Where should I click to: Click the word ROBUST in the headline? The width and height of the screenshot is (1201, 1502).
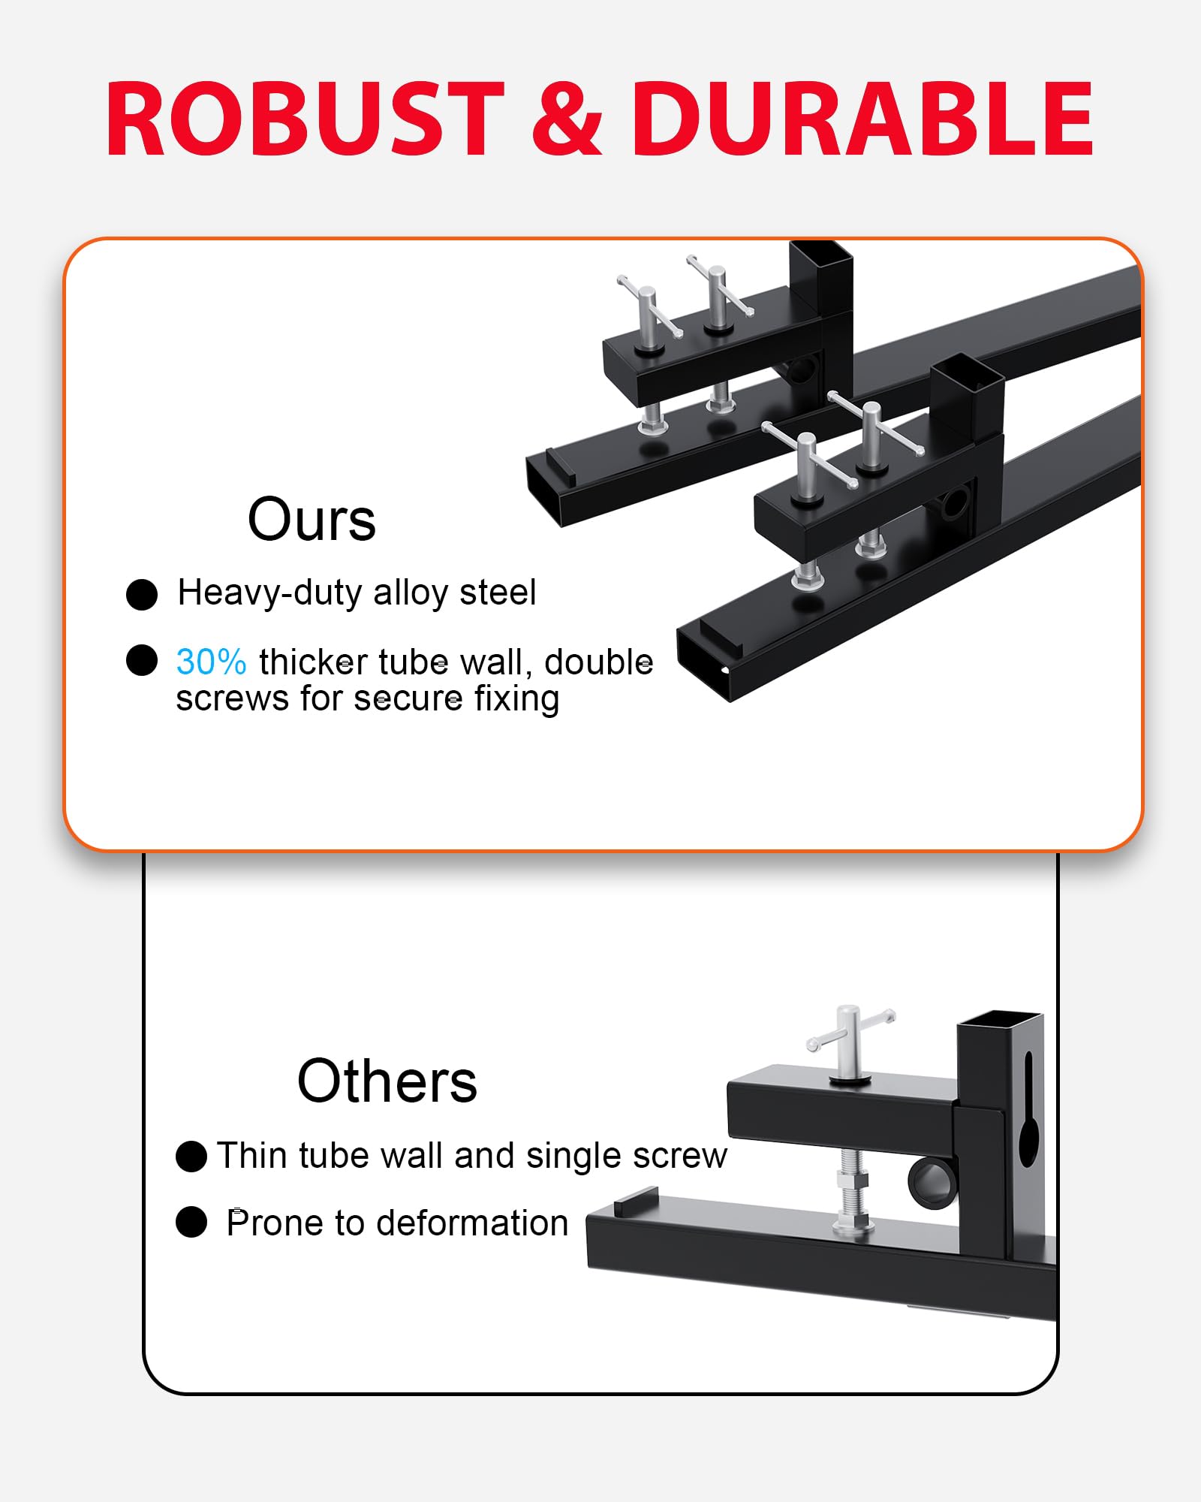point(306,119)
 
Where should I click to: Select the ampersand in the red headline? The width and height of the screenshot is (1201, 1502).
point(567,119)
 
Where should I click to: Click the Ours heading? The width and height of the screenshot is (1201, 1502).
point(312,520)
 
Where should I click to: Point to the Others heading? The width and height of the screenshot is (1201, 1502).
point(387,1081)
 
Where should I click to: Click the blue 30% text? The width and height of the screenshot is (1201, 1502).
point(211,662)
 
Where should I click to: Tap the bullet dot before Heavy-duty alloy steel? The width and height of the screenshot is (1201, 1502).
point(142,594)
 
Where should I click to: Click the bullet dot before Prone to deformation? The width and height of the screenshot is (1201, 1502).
point(191,1222)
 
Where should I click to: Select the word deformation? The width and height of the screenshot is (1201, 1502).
point(473,1223)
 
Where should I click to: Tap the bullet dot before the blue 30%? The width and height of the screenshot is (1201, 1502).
point(142,660)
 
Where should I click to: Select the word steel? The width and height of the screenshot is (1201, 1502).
point(498,593)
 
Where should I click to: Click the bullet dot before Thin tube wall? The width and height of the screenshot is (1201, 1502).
point(191,1157)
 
